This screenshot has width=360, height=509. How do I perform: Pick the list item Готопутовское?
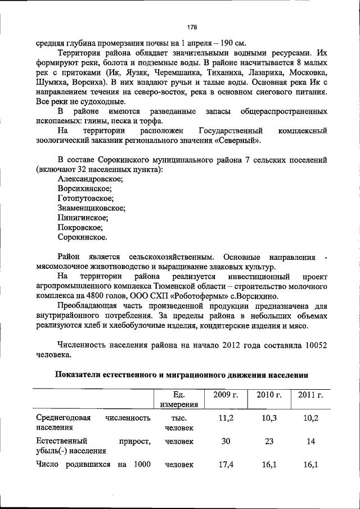pos(85,198)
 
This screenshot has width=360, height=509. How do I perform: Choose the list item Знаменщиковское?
pos(91,208)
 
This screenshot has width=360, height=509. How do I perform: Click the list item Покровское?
pos(80,227)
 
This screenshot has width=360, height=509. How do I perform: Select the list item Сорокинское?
pos(83,237)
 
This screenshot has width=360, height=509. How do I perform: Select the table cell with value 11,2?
pos(226,418)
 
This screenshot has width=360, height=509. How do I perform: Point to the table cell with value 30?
pos(226,442)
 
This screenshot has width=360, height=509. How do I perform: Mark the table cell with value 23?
pos(268,442)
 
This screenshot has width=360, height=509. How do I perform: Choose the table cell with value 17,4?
pos(226,465)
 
